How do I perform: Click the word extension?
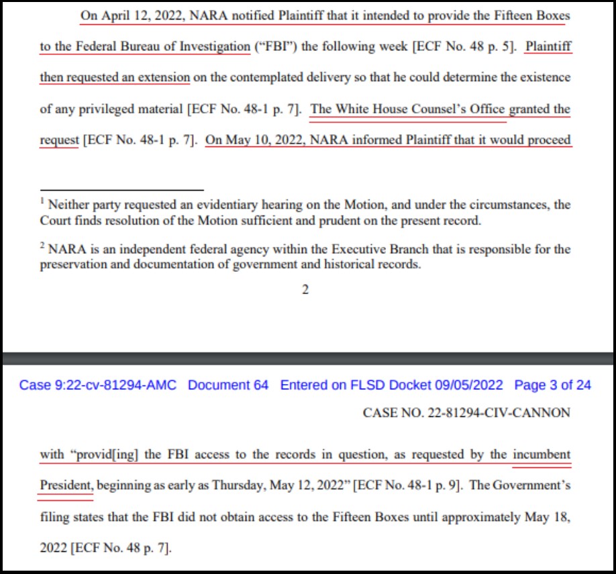164,77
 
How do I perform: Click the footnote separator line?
121,190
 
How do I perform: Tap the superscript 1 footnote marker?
42,201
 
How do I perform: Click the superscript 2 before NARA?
42,246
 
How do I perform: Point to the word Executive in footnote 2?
355,249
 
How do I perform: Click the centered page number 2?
305,290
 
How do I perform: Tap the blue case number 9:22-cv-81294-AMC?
98,385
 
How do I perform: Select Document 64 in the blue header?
228,385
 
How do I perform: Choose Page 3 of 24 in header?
552,385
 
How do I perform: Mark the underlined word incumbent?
542,455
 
